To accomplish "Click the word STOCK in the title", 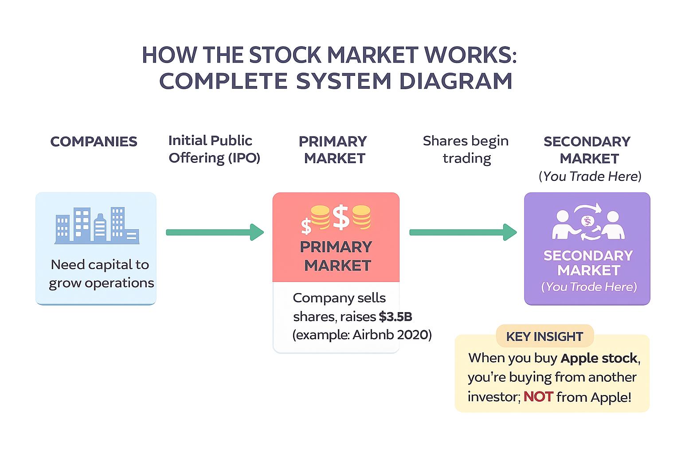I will coord(285,55).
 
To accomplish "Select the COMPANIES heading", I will coord(94,141).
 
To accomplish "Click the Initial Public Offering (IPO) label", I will coord(214,149).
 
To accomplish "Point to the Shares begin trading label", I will coord(466,149).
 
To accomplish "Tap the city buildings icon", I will coord(97,226).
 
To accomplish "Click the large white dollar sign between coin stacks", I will coord(341,217).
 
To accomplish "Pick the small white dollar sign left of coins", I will coord(306,226).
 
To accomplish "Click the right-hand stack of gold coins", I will coord(361,217).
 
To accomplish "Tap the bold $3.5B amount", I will coord(395,317).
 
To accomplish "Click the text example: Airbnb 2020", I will coord(362,335).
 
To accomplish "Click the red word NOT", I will coord(538,396).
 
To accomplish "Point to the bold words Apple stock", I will coord(599,358).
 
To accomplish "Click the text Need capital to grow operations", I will coord(101,274).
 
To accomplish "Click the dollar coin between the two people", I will coord(587,221).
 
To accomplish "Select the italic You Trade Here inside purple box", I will coord(589,287).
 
